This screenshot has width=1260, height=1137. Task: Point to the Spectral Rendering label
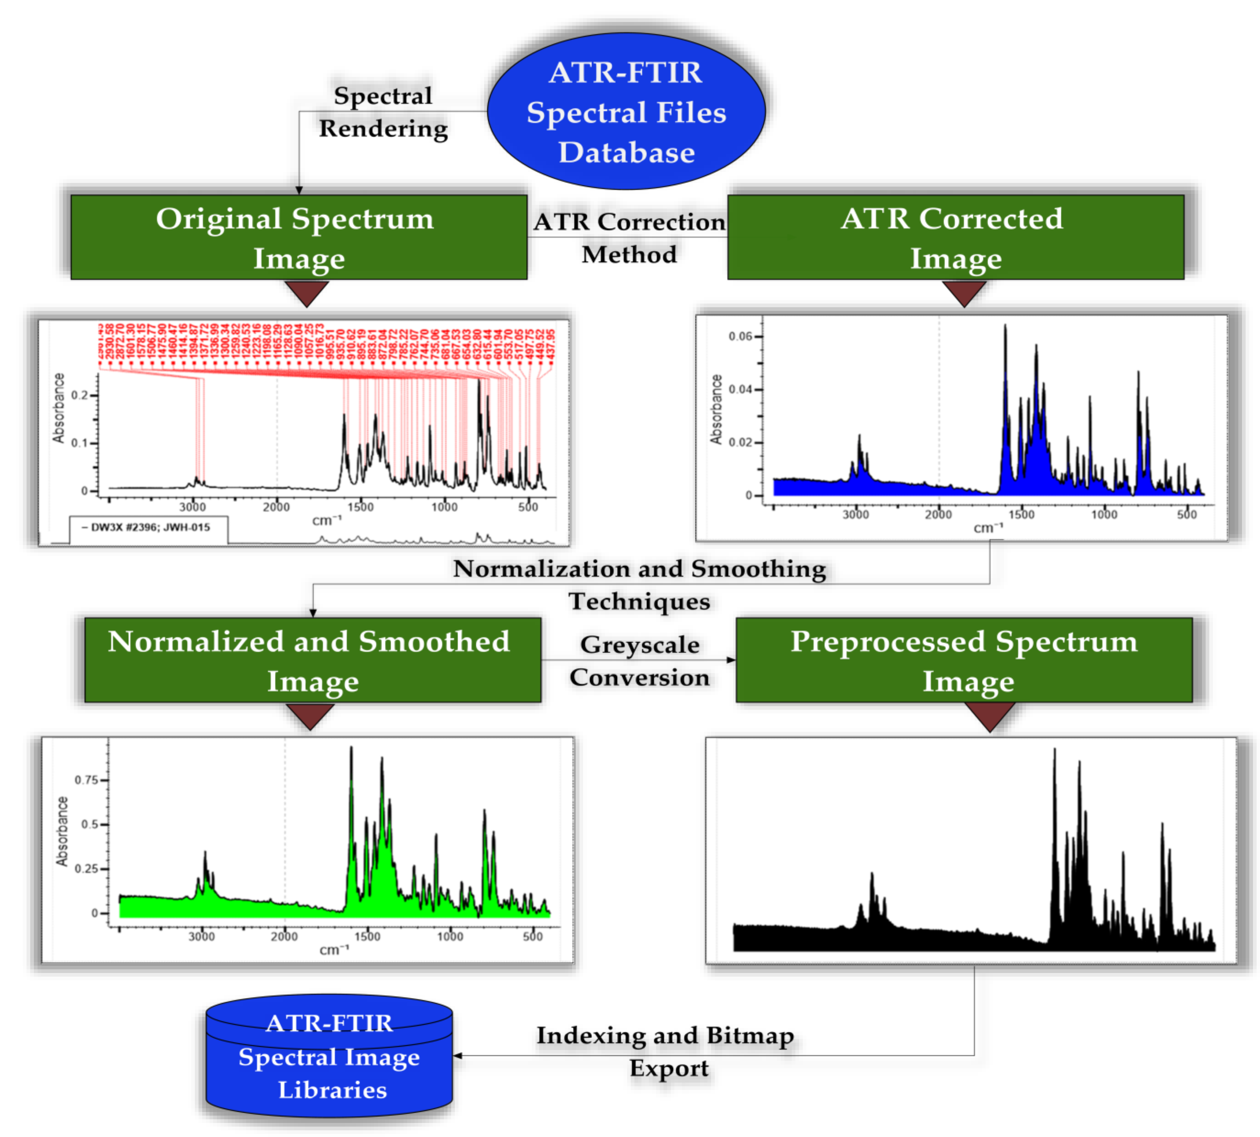[x=383, y=112]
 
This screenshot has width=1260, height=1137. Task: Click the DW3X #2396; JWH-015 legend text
[x=146, y=527]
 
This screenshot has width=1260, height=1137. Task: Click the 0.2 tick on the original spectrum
[x=79, y=395]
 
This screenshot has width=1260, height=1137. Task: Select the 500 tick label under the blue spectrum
[x=1186, y=515]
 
